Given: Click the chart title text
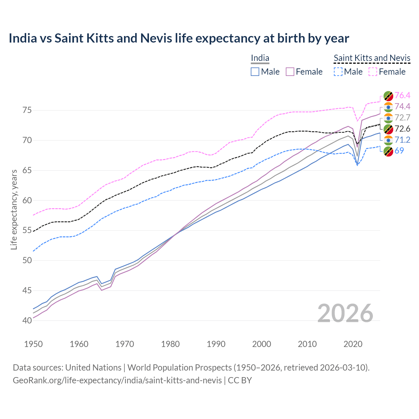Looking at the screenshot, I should [x=179, y=38].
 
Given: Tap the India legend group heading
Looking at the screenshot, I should [x=260, y=58].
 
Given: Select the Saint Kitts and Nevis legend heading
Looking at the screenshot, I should [x=372, y=58].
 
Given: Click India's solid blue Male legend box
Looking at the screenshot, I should [x=255, y=72].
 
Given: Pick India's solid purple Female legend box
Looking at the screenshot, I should [x=290, y=72].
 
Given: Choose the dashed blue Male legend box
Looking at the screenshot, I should [x=338, y=72].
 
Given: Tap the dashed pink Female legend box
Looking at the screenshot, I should [x=373, y=72].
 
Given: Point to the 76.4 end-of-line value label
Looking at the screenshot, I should [x=402, y=95].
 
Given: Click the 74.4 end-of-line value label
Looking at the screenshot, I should [x=402, y=106].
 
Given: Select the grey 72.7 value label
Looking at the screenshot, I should [x=402, y=118].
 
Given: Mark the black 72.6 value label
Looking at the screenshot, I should [x=402, y=129].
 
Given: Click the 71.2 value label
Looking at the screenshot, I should [x=402, y=140].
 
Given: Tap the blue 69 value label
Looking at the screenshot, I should [x=399, y=151].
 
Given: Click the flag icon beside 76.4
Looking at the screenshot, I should [x=388, y=96].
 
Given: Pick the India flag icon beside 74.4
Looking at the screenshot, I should [x=388, y=107].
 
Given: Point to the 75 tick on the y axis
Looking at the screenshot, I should [x=27, y=110].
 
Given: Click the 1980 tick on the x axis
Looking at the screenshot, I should [x=171, y=344].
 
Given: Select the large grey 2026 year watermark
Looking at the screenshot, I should [x=345, y=314].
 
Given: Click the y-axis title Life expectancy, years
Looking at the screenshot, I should [x=14, y=209].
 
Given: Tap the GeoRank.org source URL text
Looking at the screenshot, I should [x=117, y=380].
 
